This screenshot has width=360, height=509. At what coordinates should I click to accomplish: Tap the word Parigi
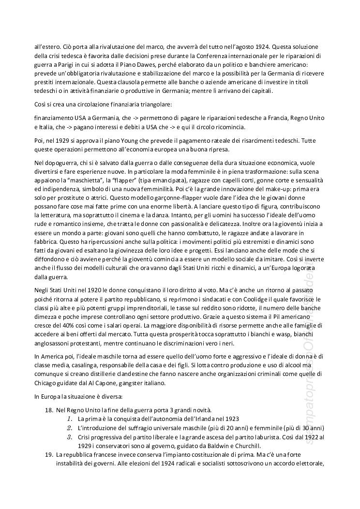pyautogui.click(x=64, y=65)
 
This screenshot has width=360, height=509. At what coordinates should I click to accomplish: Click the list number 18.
pyautogui.click(x=48, y=410)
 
